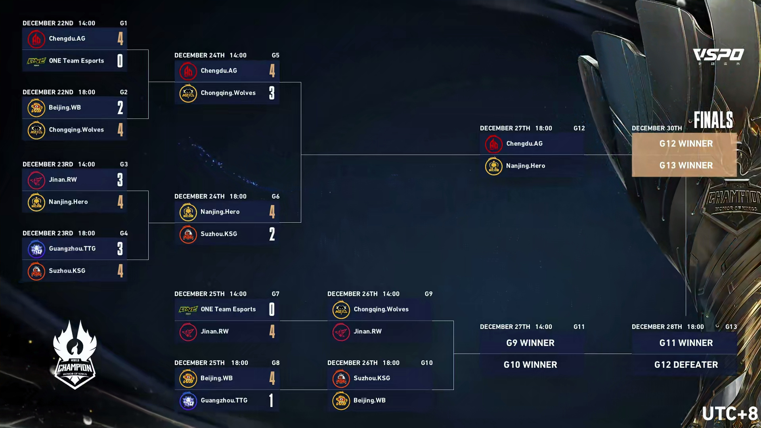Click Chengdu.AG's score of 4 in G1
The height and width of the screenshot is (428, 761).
[120, 38]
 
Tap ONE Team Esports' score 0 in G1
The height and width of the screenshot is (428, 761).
[120, 61]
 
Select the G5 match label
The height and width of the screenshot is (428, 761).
[275, 55]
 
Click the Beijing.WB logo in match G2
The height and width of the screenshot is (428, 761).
[36, 108]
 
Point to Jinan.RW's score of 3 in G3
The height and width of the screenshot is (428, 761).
[120, 180]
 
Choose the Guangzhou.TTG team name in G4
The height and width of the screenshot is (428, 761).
[72, 248]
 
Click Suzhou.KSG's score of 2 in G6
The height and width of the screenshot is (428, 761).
[272, 234]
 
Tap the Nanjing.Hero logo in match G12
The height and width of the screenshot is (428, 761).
[493, 166]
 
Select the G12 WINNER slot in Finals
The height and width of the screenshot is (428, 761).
[686, 144]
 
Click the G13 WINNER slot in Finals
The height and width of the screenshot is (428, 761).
[686, 166]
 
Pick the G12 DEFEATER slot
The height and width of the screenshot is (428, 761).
[686, 365]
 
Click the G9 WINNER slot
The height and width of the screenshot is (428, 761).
[530, 343]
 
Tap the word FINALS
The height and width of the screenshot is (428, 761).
[713, 120]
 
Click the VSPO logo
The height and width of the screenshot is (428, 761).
[718, 55]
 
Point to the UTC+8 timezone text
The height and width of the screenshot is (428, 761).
[730, 414]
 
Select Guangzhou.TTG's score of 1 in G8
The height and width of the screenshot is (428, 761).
[272, 400]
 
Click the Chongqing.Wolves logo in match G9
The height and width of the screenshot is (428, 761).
[341, 310]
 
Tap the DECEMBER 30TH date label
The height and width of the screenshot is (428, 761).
[657, 128]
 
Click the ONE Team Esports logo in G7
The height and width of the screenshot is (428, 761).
[188, 310]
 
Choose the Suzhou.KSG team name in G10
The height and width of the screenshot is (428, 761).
[372, 378]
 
